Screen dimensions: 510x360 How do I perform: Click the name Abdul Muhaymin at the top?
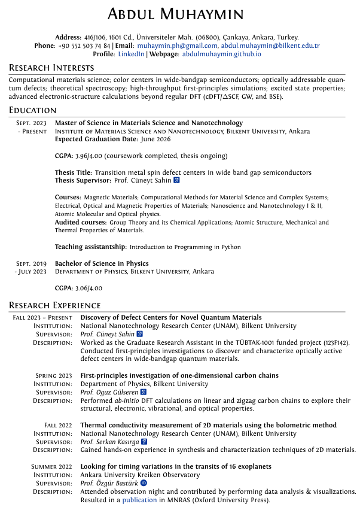pyautogui.click(x=180, y=14)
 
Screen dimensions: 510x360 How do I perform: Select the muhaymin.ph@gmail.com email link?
pyautogui.click(x=177, y=45)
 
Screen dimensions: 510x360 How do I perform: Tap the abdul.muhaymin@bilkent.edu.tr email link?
pyautogui.click(x=270, y=45)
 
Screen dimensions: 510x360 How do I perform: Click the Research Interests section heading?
pyautogui.click(x=51, y=68)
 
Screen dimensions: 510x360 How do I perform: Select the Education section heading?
pyautogui.click(x=33, y=110)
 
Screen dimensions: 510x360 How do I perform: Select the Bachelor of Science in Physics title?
pyautogui.click(x=102, y=263)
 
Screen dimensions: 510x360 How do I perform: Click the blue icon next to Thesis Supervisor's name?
pyautogui.click(x=176, y=180)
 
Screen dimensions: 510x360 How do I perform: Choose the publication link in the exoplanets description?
pyautogui.click(x=139, y=500)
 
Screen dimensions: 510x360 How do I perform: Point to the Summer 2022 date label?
pyautogui.click(x=51, y=466)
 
